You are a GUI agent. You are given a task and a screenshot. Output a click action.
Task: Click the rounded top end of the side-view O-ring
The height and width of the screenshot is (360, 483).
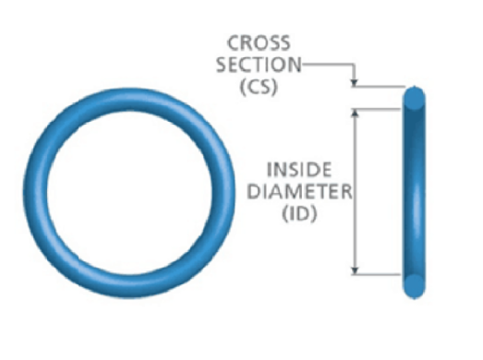click(416, 96)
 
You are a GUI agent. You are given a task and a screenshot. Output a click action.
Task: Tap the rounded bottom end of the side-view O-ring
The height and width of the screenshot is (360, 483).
click(416, 286)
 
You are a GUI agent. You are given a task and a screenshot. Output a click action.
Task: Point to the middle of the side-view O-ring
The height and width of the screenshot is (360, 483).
click(416, 191)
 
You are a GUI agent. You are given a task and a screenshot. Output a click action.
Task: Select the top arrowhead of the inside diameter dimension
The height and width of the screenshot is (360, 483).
click(356, 112)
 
